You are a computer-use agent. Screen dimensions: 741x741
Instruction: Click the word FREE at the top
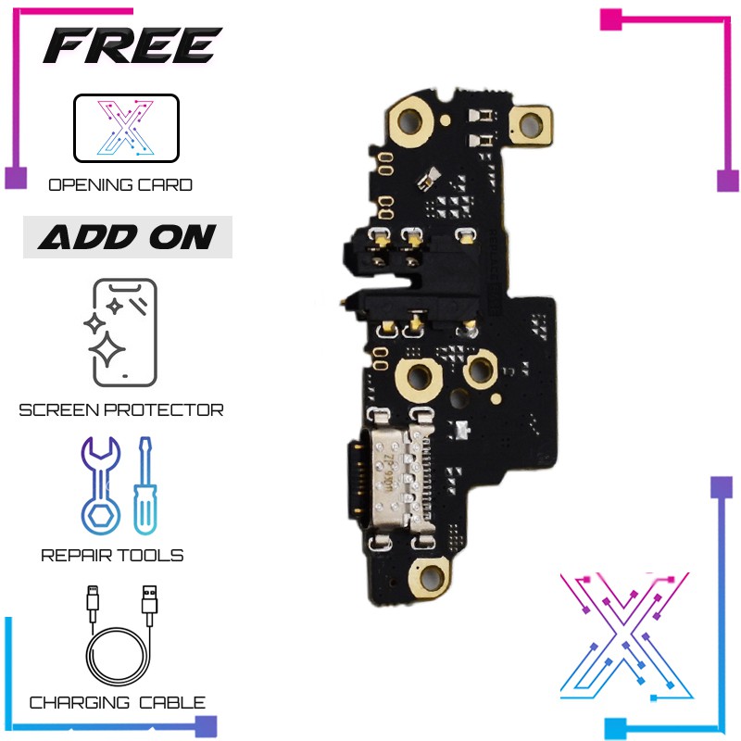132,46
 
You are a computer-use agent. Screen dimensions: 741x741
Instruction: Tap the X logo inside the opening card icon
125,129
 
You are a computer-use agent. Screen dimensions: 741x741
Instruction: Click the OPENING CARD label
120,184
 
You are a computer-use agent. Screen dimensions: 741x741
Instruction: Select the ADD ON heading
127,238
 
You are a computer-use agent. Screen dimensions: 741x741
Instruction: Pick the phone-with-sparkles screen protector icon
123,333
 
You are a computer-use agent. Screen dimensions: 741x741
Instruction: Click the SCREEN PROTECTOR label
121,409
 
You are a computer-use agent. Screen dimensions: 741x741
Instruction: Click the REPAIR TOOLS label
112,556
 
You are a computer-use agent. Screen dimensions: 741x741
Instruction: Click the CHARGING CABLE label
118,703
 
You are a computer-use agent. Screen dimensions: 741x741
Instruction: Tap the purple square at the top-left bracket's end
16,178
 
